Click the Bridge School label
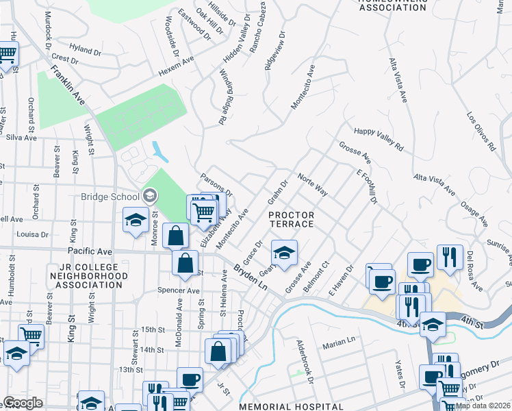coord(110,197)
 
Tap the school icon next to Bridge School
coord(149,197)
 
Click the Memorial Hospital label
coord(290,407)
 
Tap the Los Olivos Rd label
coord(481,132)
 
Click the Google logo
coord(22,402)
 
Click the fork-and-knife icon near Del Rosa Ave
coord(450,257)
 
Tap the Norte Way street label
coord(312,185)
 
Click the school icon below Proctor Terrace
coord(284,252)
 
